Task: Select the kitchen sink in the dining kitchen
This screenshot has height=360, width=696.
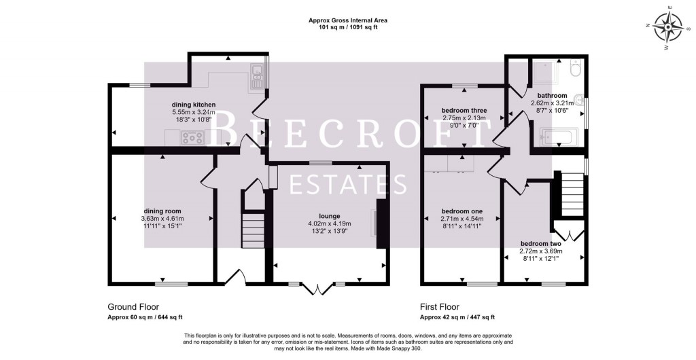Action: tap(256, 76)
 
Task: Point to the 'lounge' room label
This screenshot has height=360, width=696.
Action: tap(329, 216)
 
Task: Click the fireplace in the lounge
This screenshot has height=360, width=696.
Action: tap(379, 224)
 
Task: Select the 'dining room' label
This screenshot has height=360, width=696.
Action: tap(162, 211)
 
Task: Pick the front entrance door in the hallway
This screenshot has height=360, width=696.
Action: tap(236, 276)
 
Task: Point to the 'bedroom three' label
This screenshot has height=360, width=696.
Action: tap(464, 111)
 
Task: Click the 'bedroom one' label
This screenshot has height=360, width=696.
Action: tap(462, 211)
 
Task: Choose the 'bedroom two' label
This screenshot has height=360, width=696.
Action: tap(540, 243)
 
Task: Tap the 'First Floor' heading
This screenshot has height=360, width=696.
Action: tap(440, 307)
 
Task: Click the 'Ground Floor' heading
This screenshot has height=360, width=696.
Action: tap(133, 307)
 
